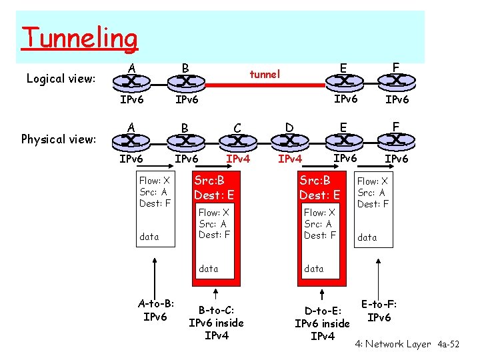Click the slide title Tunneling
[x=79, y=38]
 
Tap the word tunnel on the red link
[x=265, y=74]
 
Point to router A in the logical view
[x=131, y=83]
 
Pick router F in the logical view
[x=395, y=82]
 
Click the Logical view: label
[x=61, y=79]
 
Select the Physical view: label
[x=59, y=139]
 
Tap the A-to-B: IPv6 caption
[x=155, y=310]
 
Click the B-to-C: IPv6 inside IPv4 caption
[x=216, y=322]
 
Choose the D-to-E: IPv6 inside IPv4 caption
[x=322, y=323]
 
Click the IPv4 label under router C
[x=238, y=159]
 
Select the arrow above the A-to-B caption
[x=155, y=270]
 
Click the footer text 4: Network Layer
[x=393, y=344]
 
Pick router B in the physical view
[x=185, y=141]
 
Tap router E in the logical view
[x=343, y=82]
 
